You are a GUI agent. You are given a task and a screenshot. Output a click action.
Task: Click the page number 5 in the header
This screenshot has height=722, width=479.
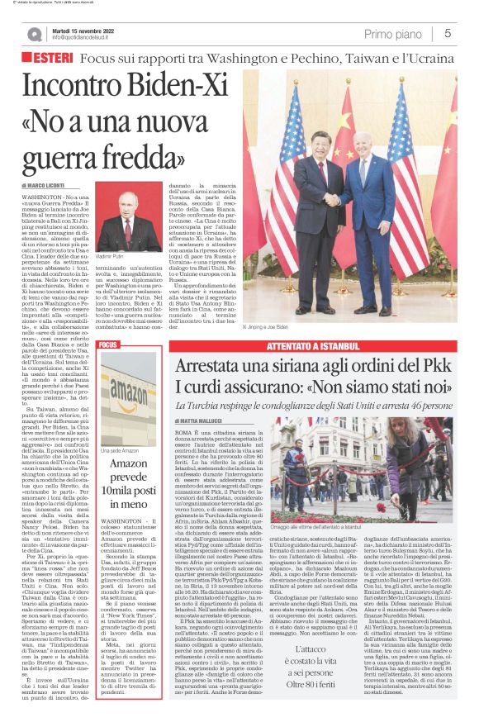(447, 33)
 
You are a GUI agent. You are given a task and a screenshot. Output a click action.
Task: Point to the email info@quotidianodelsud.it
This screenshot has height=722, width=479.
(86, 38)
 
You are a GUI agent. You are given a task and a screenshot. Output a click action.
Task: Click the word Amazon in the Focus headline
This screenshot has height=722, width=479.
(128, 464)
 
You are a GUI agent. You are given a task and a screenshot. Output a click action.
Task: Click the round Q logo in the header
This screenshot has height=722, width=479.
(34, 34)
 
